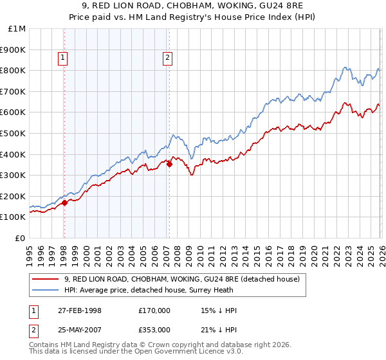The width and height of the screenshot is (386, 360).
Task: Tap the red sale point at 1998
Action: point(65,203)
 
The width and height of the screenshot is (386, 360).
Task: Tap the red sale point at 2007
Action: point(169,164)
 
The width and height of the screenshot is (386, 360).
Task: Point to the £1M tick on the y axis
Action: point(17,28)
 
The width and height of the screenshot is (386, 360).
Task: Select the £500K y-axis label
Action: point(14,133)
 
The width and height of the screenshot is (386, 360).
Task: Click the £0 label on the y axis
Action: point(21,238)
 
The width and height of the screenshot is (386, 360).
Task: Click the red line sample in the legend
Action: point(46,280)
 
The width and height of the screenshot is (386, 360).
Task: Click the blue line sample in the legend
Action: point(46,290)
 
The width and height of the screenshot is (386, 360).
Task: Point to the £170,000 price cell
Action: point(154,310)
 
